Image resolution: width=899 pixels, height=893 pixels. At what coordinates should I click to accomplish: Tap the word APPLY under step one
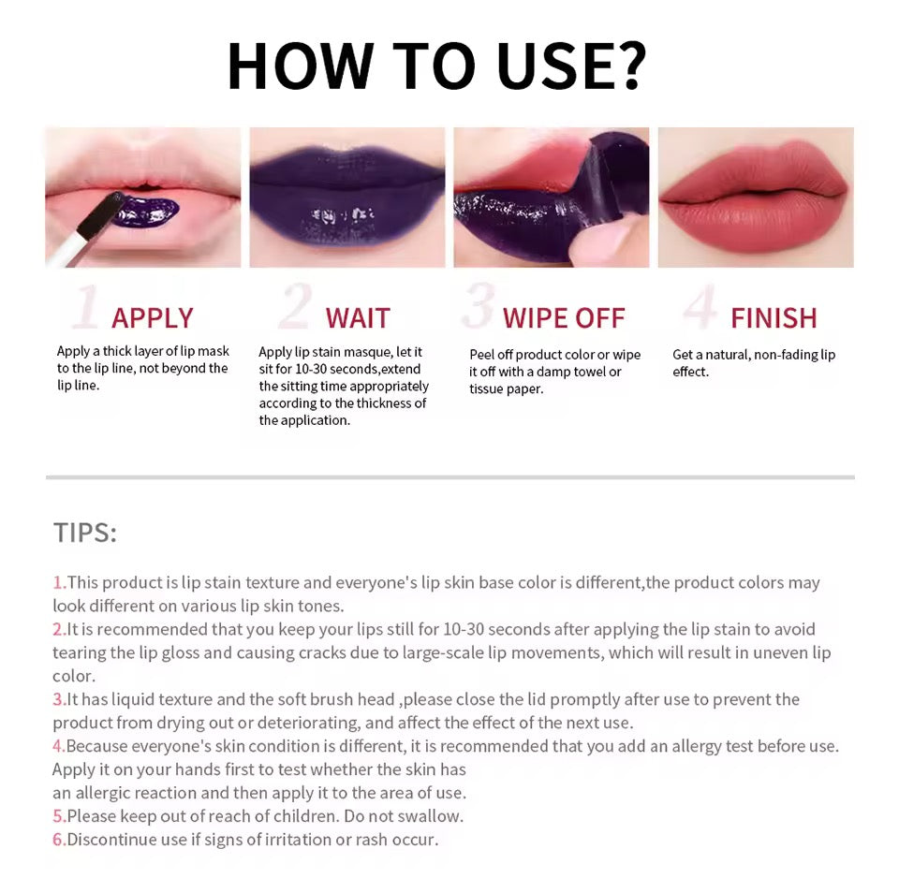pos(152,318)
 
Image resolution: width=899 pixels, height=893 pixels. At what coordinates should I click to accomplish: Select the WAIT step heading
pos(357,318)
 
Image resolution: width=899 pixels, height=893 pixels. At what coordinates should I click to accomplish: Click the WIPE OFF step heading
pos(563,318)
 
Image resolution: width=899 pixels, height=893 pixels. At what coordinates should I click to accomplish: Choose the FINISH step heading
pos(774,318)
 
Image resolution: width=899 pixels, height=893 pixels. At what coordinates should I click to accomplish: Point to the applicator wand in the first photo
pos(94,226)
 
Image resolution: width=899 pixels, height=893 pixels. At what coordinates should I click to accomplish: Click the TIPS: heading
pos(84,533)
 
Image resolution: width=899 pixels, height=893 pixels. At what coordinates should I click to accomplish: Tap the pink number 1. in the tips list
pos(59,582)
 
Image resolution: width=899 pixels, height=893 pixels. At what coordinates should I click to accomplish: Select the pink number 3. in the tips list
pos(59,699)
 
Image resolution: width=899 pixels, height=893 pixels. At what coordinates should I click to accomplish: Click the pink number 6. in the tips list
pos(59,839)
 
